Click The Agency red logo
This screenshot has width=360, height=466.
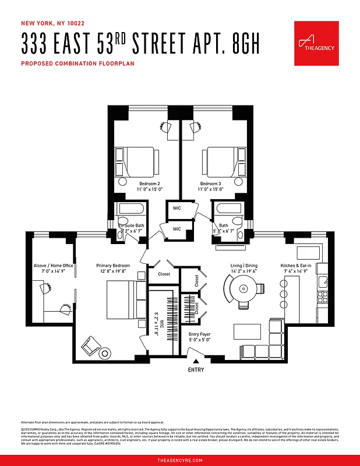tap(316, 43)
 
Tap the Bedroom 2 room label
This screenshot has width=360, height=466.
tap(140, 183)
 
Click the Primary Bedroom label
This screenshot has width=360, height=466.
tap(113, 266)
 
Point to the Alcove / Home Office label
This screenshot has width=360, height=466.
tap(53, 266)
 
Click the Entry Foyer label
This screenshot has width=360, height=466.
tap(199, 334)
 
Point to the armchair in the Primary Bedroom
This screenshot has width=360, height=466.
tap(90, 347)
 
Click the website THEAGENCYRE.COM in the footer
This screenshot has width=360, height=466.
tap(180, 460)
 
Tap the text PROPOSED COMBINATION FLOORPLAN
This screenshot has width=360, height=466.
tap(77, 63)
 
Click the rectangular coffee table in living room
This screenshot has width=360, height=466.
tap(248, 331)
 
